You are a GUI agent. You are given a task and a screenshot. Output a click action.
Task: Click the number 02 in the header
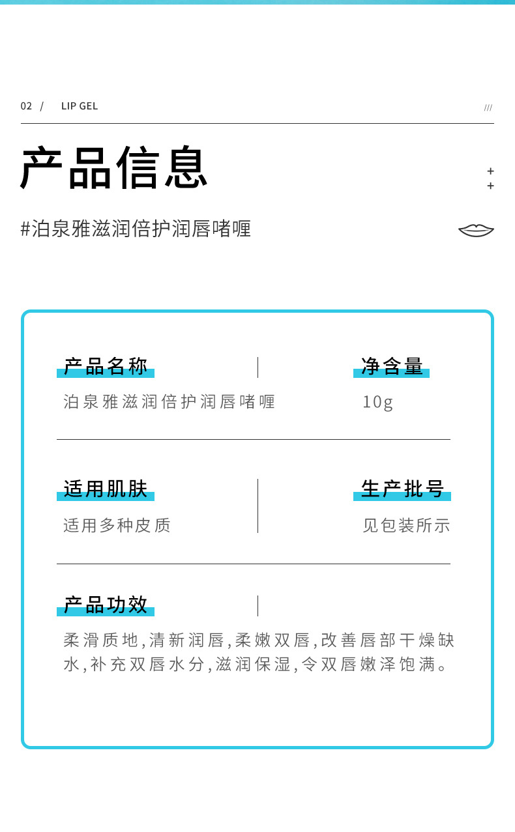[26, 106]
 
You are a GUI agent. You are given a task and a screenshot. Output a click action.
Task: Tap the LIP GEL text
[80, 106]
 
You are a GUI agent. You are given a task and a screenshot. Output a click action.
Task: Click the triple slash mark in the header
[488, 108]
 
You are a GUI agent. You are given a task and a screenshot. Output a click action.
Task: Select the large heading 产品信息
[114, 167]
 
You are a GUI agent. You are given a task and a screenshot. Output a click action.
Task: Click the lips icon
[476, 230]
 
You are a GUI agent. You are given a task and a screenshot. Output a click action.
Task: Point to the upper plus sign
[491, 171]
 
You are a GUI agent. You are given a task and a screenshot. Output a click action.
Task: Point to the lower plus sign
[491, 186]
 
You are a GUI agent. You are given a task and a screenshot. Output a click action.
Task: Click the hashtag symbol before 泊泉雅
[26, 229]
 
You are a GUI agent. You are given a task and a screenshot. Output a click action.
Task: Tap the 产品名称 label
[106, 366]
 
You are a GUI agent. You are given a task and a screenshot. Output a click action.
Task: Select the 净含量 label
[392, 366]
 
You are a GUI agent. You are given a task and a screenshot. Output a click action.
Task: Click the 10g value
[378, 402]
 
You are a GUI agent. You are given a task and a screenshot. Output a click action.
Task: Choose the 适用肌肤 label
[106, 489]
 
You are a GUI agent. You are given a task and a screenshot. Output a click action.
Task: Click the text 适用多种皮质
[117, 525]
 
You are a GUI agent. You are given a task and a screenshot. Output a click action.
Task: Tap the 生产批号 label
[402, 489]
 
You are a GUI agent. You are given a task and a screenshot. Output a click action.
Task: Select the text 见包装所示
[406, 525]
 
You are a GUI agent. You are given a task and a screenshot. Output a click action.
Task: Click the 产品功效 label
[106, 605]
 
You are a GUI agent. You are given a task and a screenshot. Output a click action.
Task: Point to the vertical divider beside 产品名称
[257, 367]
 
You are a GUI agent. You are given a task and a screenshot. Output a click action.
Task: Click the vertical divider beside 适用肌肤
[257, 506]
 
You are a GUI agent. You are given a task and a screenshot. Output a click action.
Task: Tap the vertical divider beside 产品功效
[257, 606]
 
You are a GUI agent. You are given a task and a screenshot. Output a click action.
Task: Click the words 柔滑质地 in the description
[101, 640]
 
